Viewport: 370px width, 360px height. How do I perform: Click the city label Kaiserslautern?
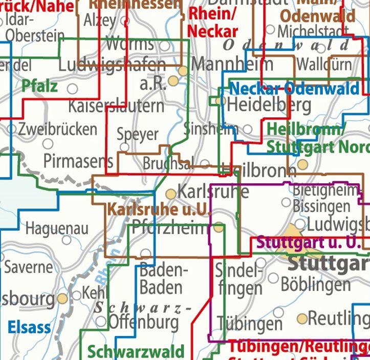[x=116, y=107]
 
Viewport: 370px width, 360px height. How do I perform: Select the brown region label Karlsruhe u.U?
[x=159, y=209]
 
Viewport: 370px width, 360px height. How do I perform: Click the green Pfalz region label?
[x=40, y=86]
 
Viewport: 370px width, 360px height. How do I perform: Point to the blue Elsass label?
[x=30, y=327]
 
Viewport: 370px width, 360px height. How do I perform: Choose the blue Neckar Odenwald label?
[x=294, y=89]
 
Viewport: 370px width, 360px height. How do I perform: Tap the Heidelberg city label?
[x=269, y=105]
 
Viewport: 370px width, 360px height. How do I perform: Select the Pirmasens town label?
[x=78, y=161]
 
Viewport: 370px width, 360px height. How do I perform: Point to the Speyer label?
[x=138, y=134]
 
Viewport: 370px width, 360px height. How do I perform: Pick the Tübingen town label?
[x=250, y=323]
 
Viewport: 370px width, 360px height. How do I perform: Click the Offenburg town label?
[x=144, y=322]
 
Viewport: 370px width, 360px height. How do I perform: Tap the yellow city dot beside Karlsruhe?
[x=171, y=194]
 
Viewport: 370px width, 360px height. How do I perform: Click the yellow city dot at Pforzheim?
[x=219, y=227]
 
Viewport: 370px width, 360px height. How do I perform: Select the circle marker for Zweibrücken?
[x=12, y=129]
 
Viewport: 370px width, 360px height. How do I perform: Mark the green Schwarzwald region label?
[x=136, y=352]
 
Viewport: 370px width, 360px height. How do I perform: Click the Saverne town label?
[x=28, y=267]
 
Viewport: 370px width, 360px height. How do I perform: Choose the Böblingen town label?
[x=316, y=283]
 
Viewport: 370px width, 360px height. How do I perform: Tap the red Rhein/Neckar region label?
[x=212, y=22]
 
